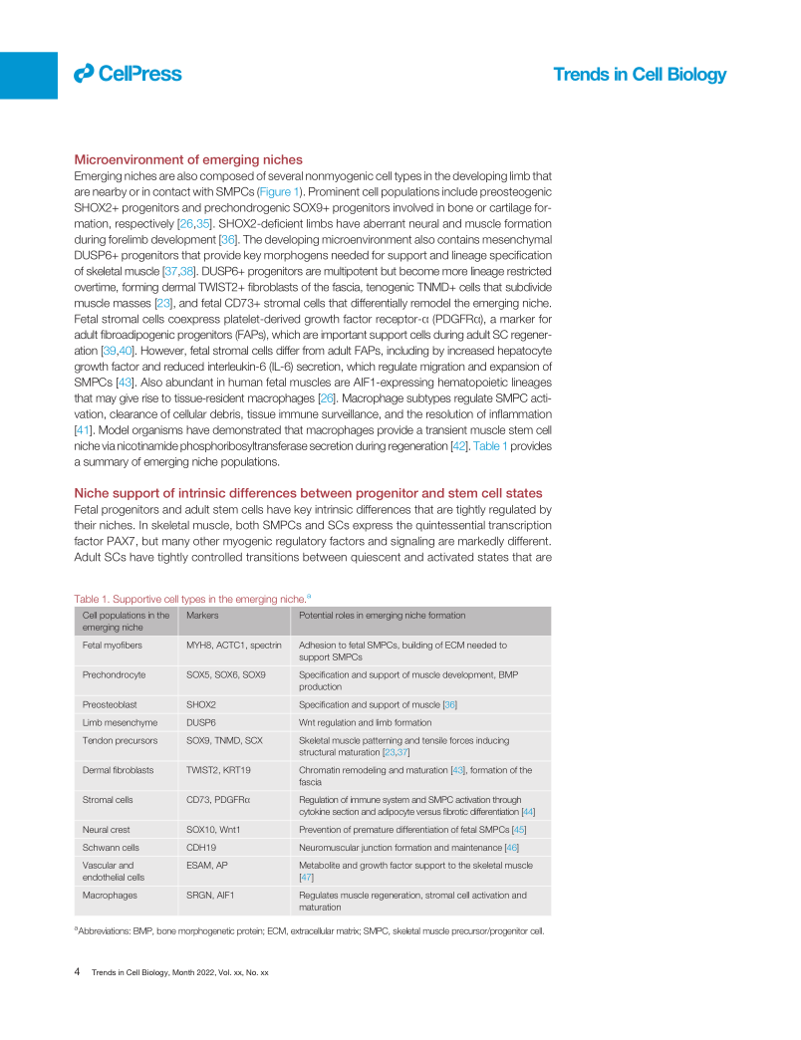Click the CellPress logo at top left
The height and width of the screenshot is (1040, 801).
click(128, 73)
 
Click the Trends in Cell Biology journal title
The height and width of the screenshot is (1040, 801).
click(639, 75)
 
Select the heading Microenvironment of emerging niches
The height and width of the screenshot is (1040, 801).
click(188, 159)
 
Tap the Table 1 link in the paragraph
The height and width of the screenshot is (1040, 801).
click(489, 446)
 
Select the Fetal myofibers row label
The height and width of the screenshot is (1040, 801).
click(115, 645)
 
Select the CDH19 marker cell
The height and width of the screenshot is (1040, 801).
click(204, 847)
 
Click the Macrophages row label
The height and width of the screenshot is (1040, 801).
click(112, 895)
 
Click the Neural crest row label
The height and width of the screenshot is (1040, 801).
click(107, 829)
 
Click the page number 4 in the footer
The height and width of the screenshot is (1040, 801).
click(77, 970)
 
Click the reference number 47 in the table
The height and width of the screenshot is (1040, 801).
click(307, 878)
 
